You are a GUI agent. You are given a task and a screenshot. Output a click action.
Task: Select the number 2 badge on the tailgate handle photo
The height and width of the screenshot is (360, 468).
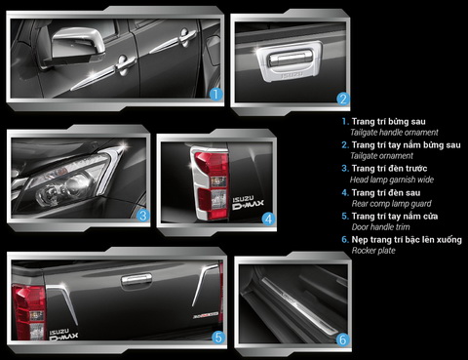coord(343,98)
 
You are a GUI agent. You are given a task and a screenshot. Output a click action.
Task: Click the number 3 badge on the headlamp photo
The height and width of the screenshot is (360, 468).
coord(142,215)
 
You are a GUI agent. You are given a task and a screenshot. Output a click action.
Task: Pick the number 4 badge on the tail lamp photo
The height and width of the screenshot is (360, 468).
coord(267,220)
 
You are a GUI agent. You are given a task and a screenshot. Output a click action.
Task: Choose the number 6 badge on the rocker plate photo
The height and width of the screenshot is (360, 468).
coord(342,339)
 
